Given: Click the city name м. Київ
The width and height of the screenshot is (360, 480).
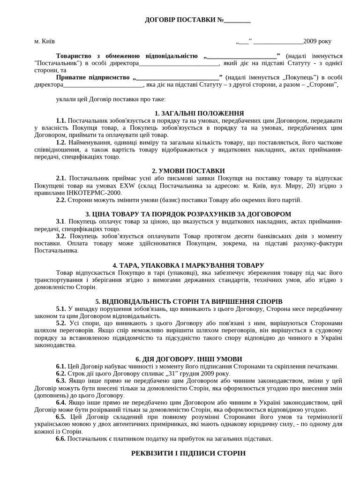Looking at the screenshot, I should pos(45,41).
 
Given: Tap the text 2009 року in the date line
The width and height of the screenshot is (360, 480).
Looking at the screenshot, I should pos(317,41).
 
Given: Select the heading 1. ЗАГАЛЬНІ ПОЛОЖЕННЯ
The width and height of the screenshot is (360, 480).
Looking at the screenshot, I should pos(199,113).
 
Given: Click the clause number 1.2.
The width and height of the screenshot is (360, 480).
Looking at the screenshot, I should pos(61,142).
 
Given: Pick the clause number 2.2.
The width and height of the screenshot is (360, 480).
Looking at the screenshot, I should pos(61,200).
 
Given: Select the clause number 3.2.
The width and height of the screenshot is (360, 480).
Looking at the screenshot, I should pos(61,236).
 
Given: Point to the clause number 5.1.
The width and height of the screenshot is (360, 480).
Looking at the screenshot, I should pos(61,309).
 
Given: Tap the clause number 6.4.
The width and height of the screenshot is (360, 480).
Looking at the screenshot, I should pos(61,403).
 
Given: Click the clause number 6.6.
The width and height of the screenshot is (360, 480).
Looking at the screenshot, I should pos(61,439).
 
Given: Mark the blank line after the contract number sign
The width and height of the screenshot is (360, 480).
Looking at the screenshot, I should pos(237,21).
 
